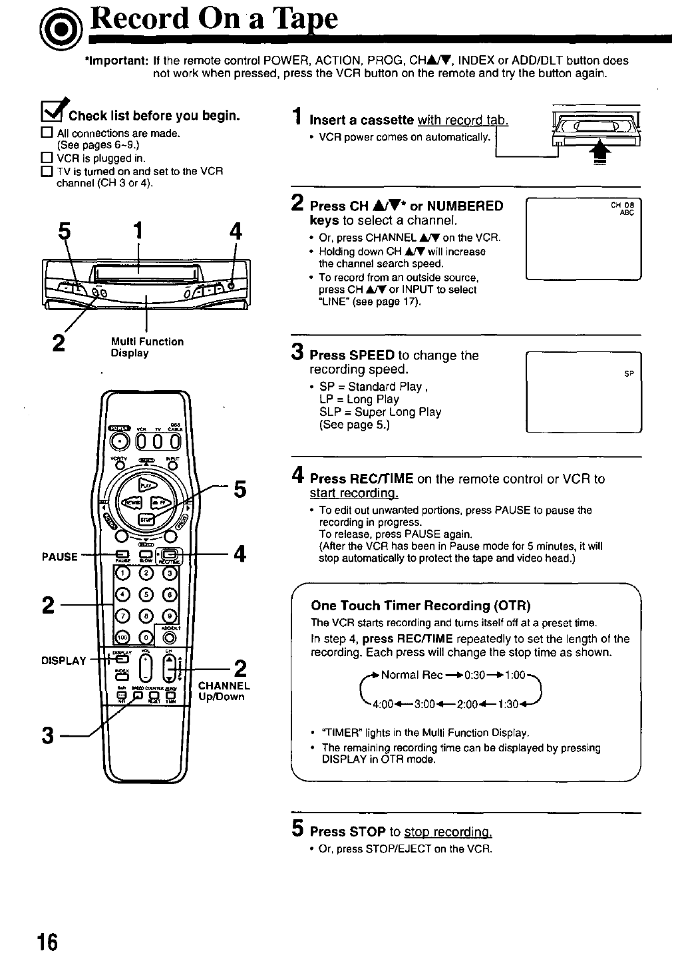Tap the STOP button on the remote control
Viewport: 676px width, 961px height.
pos(145,519)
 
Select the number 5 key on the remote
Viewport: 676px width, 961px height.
pos(146,594)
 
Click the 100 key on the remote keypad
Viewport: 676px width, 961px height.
pos(122,637)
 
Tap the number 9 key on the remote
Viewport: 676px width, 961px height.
pos(170,616)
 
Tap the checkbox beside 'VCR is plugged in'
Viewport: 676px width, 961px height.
pos(47,158)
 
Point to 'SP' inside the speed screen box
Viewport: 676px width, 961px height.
pos(629,374)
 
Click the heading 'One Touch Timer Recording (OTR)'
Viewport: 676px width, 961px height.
pos(421,606)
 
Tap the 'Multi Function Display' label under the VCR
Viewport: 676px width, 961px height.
pos(147,347)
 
